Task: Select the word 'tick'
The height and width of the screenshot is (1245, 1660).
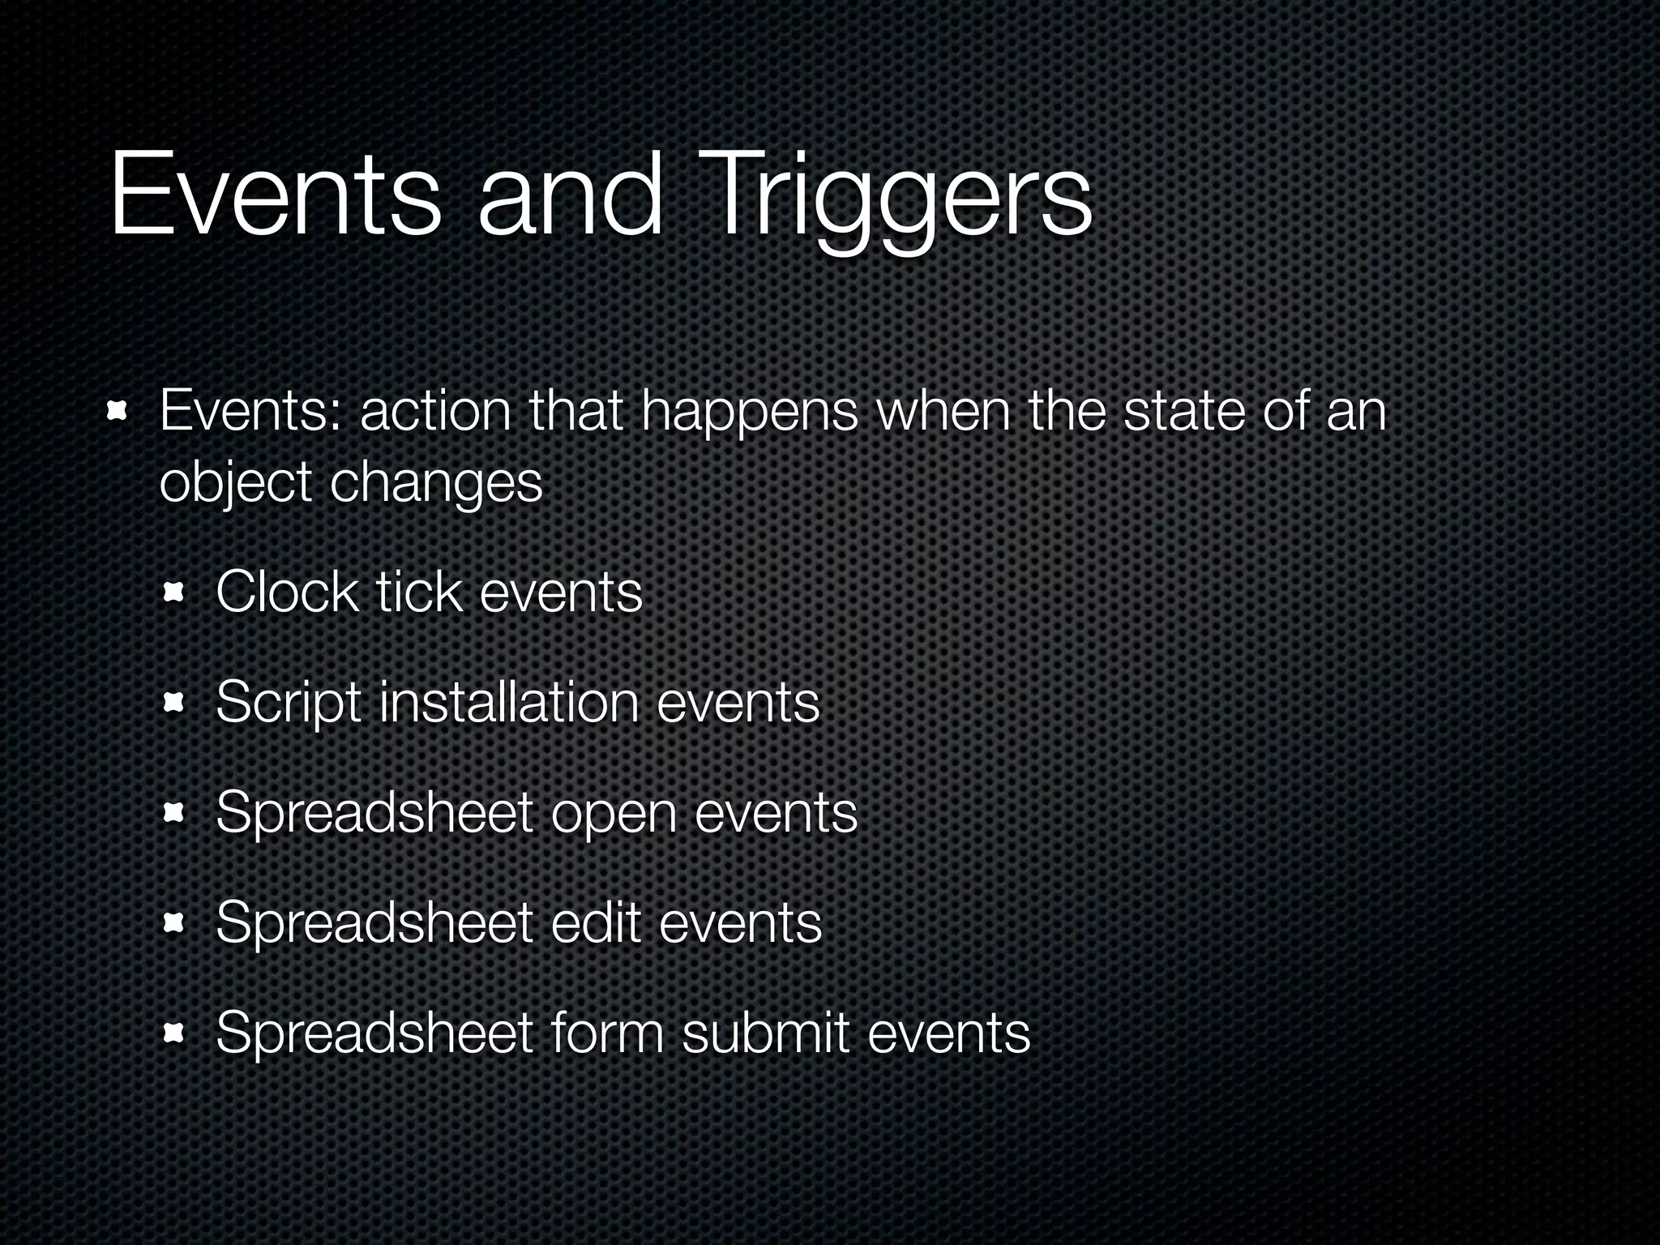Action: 419,592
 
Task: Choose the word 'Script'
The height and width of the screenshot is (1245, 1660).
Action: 288,702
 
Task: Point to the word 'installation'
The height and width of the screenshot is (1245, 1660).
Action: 509,702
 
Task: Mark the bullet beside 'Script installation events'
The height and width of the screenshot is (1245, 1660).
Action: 173,703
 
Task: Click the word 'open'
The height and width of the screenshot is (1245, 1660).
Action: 614,812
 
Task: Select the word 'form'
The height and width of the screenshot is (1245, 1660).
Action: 606,1033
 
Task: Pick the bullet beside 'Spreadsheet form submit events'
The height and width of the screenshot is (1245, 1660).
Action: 173,1033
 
